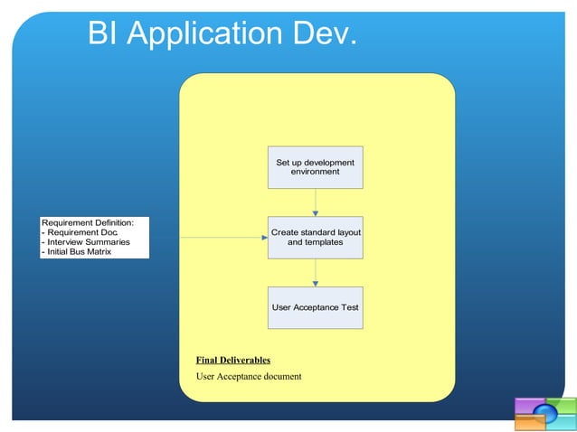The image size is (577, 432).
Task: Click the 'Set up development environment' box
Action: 315,167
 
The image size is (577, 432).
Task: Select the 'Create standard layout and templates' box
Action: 315,238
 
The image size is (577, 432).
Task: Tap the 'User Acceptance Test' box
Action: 315,308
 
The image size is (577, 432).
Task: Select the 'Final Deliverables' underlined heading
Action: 232,361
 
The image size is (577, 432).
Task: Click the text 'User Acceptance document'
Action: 249,376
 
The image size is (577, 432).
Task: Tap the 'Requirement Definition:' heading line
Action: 88,222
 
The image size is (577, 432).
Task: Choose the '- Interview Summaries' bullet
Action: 86,242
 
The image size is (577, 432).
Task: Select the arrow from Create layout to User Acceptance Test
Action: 315,272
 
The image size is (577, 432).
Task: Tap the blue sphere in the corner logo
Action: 544,414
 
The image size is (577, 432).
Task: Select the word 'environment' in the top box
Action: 315,172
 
